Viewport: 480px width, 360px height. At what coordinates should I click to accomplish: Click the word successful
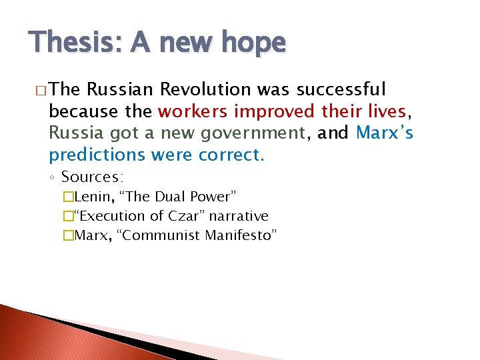[x=341, y=89]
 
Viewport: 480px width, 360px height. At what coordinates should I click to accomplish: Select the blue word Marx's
[x=385, y=133]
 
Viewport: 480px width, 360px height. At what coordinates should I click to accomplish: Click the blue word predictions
[x=97, y=155]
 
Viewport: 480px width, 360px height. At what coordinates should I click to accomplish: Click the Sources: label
[x=93, y=177]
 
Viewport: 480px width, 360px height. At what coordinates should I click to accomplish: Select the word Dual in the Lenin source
[x=170, y=197]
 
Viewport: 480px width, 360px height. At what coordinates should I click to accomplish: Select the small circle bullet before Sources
[x=53, y=178]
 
